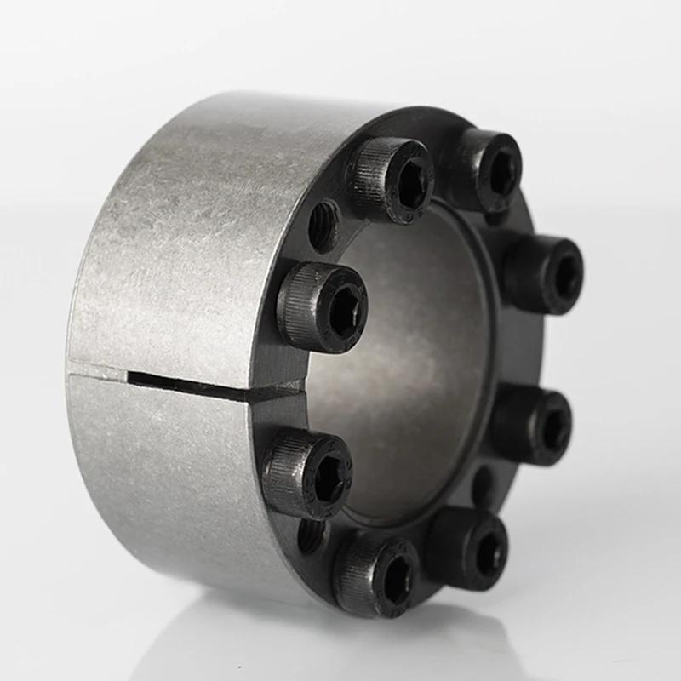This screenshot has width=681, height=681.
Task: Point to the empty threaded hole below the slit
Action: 310,535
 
